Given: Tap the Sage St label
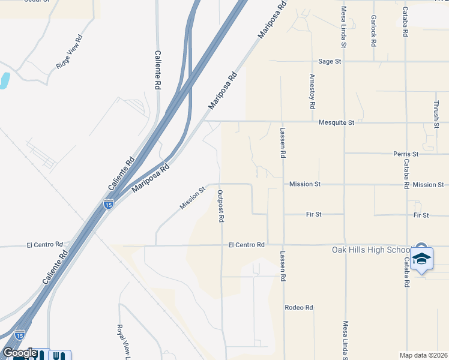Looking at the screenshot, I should (330, 61).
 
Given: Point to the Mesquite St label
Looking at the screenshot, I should (337, 122).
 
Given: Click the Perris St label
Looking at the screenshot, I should (406, 154).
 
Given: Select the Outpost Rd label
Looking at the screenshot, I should (221, 206).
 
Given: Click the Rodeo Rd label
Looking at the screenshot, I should (299, 308).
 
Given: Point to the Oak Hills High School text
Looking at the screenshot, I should (370, 250).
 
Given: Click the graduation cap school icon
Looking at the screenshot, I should (421, 257).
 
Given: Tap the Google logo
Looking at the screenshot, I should (20, 353).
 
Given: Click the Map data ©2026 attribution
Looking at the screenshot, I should (423, 355).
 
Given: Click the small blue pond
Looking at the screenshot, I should (4, 80).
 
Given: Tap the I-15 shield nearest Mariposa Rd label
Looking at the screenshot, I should (108, 205).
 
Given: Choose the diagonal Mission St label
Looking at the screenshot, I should (192, 197).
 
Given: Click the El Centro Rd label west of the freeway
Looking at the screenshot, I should (45, 245).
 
